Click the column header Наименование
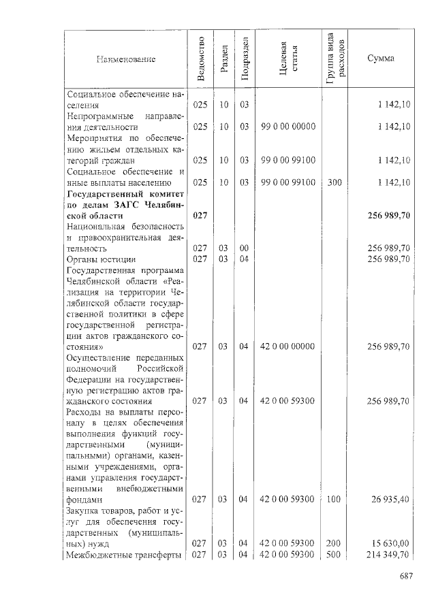point(126,59)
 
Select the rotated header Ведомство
point(200,59)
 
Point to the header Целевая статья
point(287,59)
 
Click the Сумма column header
point(380,59)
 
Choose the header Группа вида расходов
point(335,59)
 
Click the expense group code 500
point(334,555)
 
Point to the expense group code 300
point(334,182)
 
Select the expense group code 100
point(334,500)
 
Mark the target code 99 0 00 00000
point(287,127)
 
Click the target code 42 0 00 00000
point(287,346)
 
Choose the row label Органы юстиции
point(101,259)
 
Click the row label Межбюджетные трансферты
point(123,555)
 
